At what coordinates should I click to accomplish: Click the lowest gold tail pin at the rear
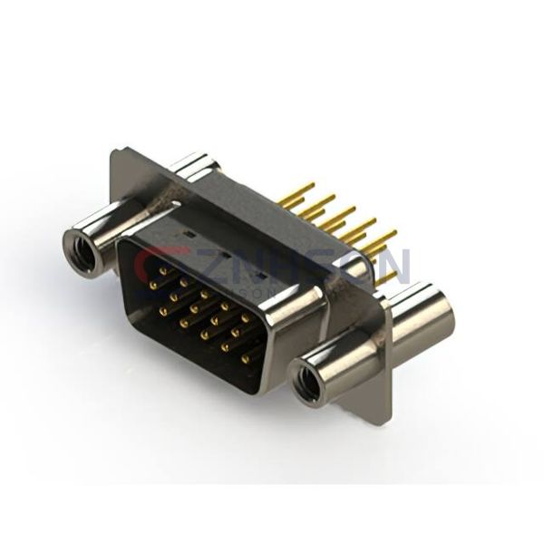click(386, 277)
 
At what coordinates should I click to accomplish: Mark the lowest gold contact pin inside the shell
click(245, 359)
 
